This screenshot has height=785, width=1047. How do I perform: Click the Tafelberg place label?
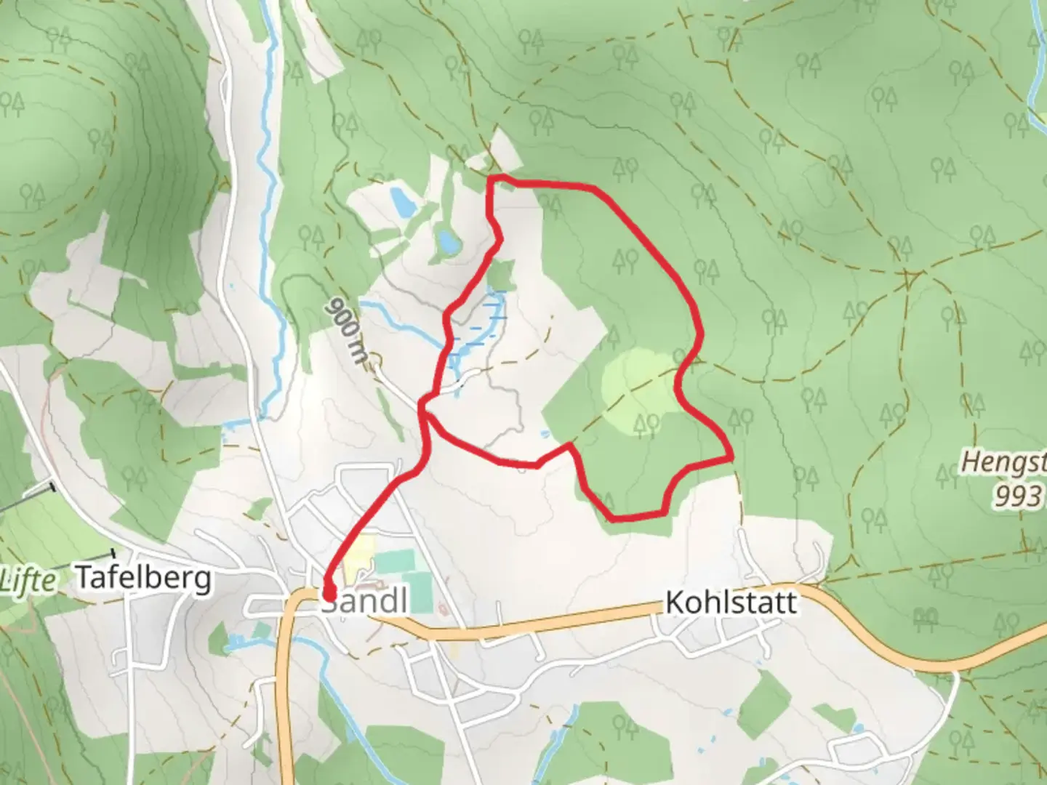tap(144, 578)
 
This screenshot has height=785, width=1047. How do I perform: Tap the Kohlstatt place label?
tap(731, 603)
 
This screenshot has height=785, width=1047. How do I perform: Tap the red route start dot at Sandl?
tap(328, 595)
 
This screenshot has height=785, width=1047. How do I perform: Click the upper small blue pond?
tap(399, 201)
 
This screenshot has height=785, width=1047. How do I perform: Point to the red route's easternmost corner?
tap(730, 458)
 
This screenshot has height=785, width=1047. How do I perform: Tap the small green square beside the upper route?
tap(500, 277)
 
